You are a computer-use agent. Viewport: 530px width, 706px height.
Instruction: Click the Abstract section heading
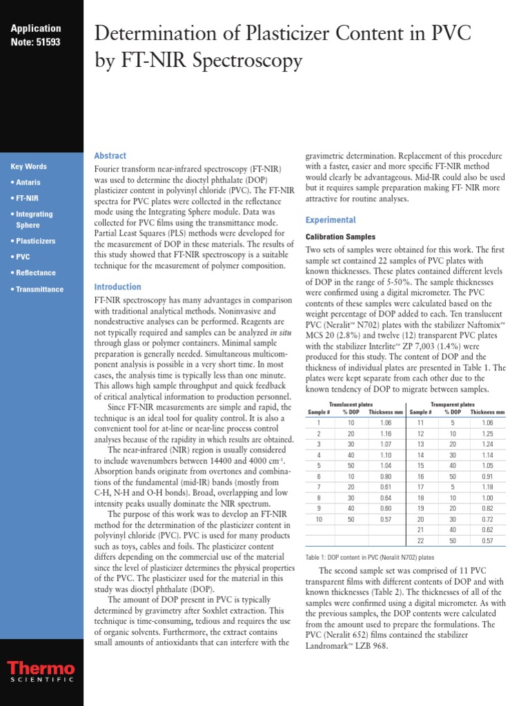(110, 156)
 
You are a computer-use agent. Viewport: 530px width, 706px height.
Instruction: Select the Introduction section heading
(117, 287)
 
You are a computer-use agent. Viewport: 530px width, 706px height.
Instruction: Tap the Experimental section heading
(331, 221)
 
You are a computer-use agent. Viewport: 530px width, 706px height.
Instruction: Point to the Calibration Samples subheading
(340, 236)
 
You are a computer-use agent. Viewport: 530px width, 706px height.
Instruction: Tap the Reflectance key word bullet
(34, 273)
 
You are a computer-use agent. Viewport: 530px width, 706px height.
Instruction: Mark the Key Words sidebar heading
(29, 166)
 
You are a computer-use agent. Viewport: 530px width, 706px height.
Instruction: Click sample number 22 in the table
(420, 541)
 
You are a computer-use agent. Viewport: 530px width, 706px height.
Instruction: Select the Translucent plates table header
(351, 404)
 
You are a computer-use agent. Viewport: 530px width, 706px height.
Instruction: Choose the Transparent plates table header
(452, 404)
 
